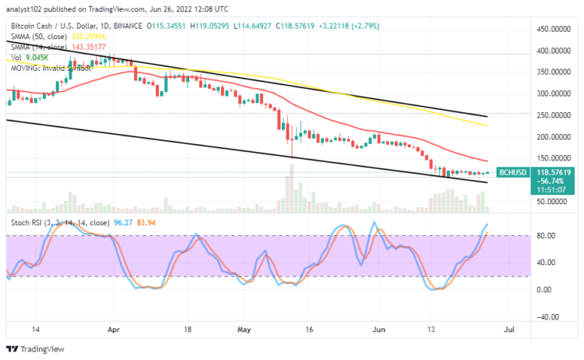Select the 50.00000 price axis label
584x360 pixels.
pyautogui.click(x=547, y=200)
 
